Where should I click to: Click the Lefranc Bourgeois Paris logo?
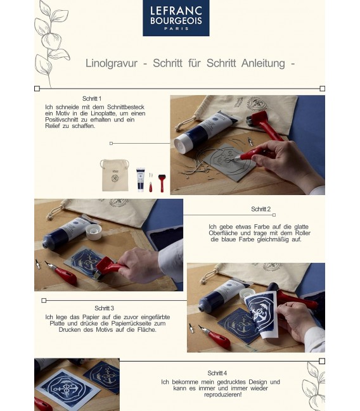pos(176,18)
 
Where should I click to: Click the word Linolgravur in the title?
pos(112,63)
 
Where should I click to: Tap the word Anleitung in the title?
pos(263,63)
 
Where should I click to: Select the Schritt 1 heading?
pos(91,99)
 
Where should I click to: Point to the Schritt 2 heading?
pos(260,209)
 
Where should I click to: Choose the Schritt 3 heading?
pos(104,308)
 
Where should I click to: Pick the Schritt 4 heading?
pos(217,373)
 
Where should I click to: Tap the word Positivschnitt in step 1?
pos(61,120)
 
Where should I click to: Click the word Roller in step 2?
pos(302,233)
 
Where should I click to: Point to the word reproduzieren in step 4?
pos(222,395)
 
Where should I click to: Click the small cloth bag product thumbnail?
pos(115,175)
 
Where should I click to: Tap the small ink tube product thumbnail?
pos(140,180)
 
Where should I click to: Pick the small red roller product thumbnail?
pos(162,183)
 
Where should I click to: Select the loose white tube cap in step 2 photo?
pos(94,232)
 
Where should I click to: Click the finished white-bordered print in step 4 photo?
pos(68,388)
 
